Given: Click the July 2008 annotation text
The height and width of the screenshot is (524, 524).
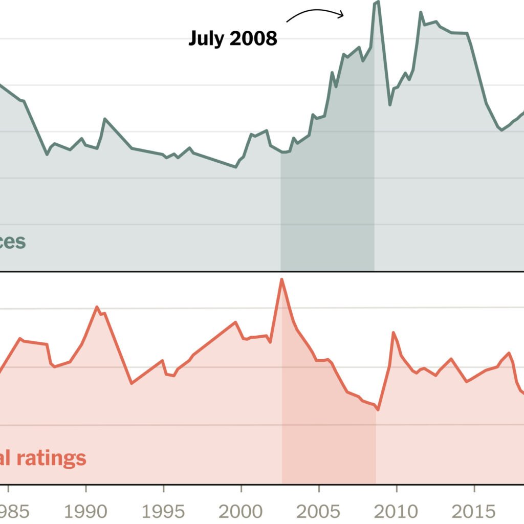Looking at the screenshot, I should point(233,38).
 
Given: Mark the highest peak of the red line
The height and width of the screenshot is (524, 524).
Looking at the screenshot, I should point(281,279).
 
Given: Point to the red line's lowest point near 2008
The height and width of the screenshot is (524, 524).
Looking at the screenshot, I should point(378,410).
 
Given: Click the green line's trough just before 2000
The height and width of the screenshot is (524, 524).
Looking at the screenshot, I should point(236,166).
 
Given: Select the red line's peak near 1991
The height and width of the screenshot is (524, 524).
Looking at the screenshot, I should point(97,307).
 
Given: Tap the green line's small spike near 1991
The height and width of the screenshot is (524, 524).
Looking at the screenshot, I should point(104,119).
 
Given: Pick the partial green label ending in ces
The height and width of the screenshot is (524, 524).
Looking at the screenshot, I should point(12,241).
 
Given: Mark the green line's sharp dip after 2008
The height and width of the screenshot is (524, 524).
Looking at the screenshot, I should point(390,104).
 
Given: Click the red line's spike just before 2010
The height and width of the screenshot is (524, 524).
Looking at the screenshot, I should point(393,333).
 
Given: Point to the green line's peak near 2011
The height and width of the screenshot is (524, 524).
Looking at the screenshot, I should point(421,12).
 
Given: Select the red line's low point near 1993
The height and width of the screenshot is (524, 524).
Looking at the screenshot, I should point(132,383).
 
